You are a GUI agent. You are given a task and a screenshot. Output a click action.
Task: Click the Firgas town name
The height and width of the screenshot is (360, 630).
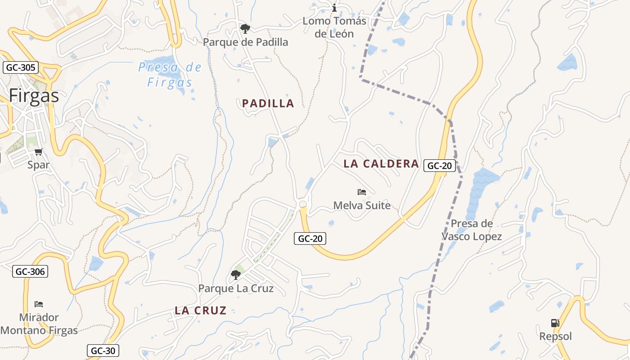(x=34, y=96)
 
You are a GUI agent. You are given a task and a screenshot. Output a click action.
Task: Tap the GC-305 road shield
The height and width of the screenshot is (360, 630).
(x=21, y=68)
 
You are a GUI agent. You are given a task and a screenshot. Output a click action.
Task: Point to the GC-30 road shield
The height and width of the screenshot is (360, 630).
(x=103, y=351)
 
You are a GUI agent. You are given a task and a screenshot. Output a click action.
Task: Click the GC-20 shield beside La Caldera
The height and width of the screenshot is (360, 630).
(x=439, y=166)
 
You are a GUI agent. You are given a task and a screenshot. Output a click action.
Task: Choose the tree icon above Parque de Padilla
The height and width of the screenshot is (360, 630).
(x=245, y=29)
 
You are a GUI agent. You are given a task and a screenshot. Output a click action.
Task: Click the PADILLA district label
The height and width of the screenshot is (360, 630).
(x=268, y=103)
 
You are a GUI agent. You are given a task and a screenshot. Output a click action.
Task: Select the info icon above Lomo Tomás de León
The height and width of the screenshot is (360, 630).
(x=334, y=8)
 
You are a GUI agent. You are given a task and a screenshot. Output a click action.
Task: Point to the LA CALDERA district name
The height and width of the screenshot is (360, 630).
(x=381, y=164)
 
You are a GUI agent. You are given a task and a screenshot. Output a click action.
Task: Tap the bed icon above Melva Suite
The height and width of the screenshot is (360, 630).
(x=362, y=192)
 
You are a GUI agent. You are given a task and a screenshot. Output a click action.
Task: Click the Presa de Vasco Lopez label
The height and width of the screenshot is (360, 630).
(x=472, y=230)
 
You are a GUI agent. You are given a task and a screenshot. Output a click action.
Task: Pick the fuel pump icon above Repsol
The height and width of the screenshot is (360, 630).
(x=555, y=323)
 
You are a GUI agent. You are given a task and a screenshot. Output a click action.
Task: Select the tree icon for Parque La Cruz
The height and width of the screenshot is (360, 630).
(x=235, y=274)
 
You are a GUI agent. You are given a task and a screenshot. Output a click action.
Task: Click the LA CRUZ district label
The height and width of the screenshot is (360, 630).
(x=201, y=310)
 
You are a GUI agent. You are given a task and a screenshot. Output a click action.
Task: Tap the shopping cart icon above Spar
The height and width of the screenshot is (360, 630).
(x=39, y=152)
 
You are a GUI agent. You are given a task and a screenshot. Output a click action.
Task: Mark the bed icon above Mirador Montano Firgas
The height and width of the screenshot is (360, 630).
(x=39, y=304)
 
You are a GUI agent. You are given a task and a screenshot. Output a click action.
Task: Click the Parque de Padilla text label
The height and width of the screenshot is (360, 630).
(x=245, y=42)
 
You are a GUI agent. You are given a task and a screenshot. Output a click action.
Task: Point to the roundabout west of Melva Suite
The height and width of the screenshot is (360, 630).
(x=303, y=205)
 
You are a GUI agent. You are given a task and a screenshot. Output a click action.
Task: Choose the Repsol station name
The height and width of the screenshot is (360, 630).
(x=555, y=337)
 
